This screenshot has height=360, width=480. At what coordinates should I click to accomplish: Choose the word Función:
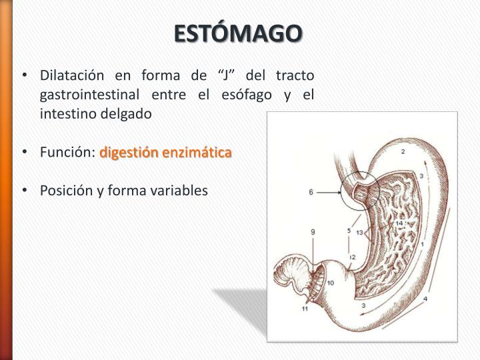click(68, 153)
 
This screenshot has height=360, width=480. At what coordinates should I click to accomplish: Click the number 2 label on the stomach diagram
click(403, 153)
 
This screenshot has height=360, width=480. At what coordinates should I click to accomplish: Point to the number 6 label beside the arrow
click(311, 192)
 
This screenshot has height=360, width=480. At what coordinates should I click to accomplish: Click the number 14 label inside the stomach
click(399, 223)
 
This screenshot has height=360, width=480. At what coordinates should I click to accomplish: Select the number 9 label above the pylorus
click(313, 231)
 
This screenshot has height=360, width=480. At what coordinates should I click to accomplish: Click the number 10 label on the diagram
click(331, 283)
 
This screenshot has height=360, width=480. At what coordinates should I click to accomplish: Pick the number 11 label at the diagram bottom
click(305, 309)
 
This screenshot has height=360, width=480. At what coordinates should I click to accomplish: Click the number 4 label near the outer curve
click(426, 299)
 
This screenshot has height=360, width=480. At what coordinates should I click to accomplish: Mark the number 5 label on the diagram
click(348, 231)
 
